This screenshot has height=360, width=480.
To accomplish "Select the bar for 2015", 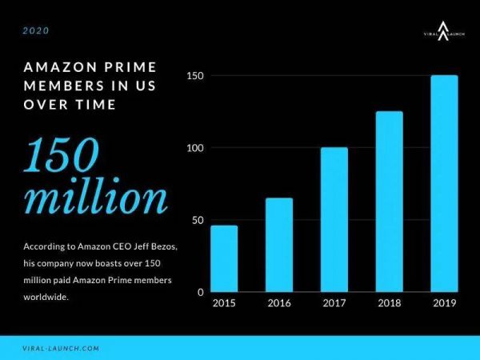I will pyautogui.click(x=224, y=259).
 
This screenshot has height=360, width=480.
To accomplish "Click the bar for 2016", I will pyautogui.click(x=279, y=245).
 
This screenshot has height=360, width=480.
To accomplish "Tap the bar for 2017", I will pyautogui.click(x=334, y=220).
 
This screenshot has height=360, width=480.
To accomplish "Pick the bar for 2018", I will pyautogui.click(x=390, y=202).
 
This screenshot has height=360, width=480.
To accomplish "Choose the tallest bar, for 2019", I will pyautogui.click(x=444, y=184).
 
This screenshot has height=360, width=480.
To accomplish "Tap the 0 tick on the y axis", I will pyautogui.click(x=201, y=292).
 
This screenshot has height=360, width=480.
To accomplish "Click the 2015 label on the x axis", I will pyautogui.click(x=224, y=304).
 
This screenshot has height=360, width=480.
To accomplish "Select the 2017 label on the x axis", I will pyautogui.click(x=334, y=304).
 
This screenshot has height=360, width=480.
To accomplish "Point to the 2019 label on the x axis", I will pyautogui.click(x=444, y=304).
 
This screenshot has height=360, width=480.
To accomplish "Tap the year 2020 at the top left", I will pyautogui.click(x=36, y=31).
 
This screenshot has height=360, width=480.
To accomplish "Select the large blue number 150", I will pyautogui.click(x=62, y=158).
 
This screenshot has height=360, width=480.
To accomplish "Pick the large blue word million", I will pyautogui.click(x=96, y=198).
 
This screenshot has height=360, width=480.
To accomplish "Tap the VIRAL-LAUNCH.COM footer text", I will pyautogui.click(x=62, y=349).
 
